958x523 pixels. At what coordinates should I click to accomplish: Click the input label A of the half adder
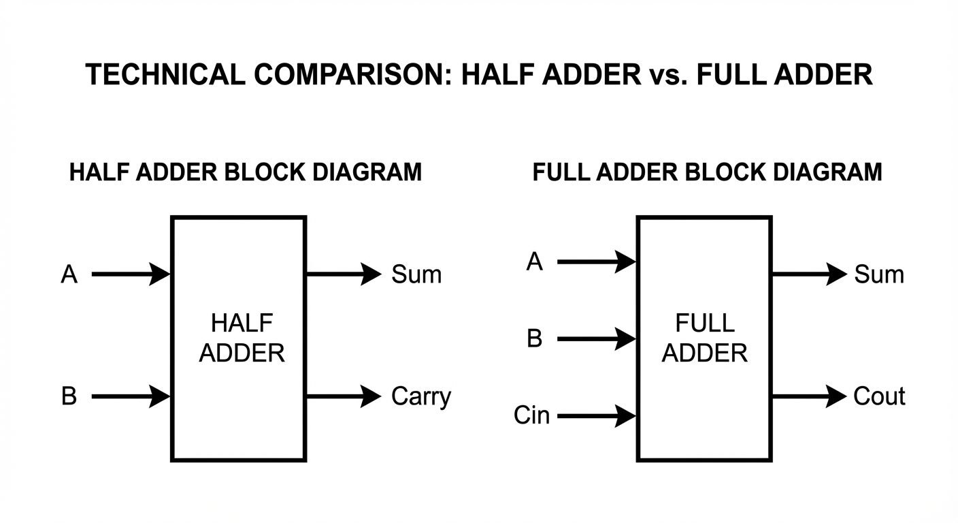[69, 274]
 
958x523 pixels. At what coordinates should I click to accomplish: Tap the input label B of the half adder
[69, 396]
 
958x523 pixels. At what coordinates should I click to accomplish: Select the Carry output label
[420, 397]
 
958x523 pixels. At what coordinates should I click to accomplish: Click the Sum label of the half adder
[416, 274]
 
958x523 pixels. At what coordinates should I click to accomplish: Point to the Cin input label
[531, 415]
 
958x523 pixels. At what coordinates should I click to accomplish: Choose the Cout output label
[879, 396]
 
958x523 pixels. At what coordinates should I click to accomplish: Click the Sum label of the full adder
[879, 274]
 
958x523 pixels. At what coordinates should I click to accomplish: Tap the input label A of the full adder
[535, 261]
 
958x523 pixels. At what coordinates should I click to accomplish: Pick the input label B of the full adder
[535, 338]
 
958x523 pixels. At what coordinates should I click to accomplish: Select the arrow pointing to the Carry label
[344, 396]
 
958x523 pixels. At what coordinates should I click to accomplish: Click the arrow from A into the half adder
[131, 274]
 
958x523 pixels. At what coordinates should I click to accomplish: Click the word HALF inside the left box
[242, 323]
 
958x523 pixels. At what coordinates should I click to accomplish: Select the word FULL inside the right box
[705, 323]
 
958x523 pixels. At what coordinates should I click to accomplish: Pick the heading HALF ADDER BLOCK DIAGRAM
[246, 172]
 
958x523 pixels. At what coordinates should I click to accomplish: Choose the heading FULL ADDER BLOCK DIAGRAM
[707, 172]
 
